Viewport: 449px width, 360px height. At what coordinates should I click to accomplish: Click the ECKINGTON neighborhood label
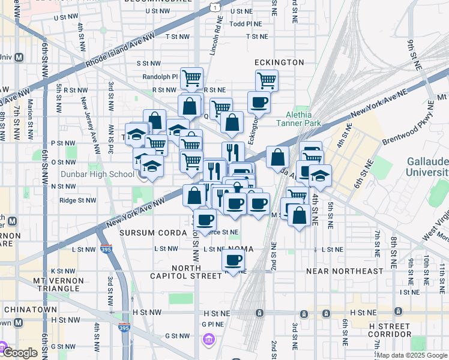(x=279, y=62)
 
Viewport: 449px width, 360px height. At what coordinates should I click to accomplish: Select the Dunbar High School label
(x=106, y=175)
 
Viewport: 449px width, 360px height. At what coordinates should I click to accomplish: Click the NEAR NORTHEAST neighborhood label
(x=344, y=271)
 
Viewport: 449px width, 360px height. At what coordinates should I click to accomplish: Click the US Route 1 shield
(x=214, y=7)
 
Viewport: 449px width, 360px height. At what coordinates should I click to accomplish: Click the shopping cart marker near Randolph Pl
(x=191, y=77)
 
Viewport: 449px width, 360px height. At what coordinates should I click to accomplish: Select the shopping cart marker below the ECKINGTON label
(x=267, y=80)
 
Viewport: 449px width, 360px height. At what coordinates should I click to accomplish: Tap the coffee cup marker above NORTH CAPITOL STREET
(x=234, y=260)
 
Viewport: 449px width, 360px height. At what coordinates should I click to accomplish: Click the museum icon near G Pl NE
(x=208, y=340)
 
